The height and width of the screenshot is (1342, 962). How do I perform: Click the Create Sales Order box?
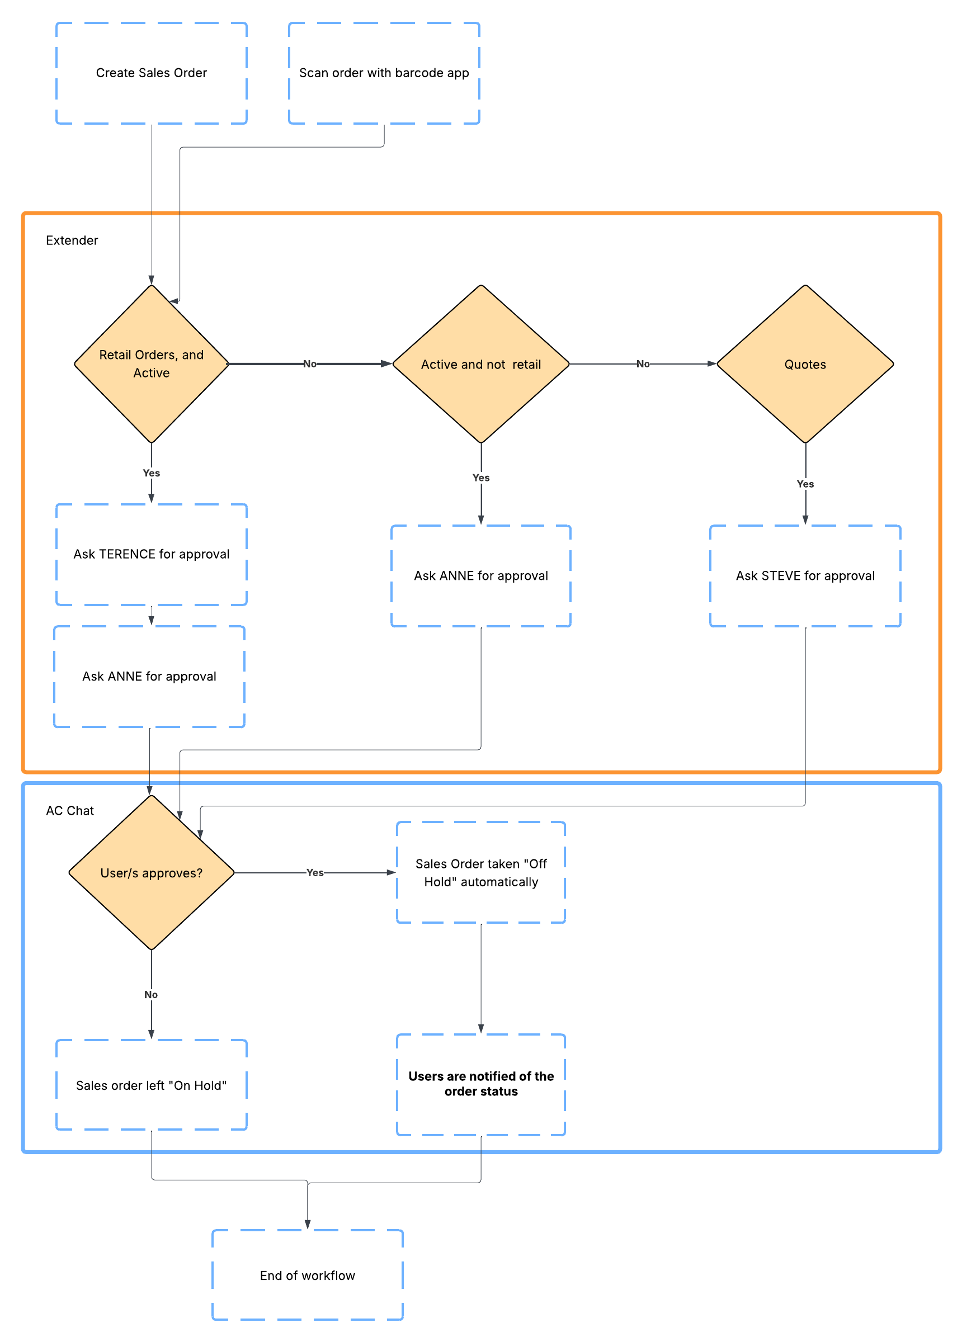151,73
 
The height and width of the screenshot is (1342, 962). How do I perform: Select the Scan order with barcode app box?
384,73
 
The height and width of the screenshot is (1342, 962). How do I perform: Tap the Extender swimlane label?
72,240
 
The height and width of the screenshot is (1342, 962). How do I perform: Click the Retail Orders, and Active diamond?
151,363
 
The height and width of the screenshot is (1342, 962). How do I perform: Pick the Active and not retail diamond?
480,364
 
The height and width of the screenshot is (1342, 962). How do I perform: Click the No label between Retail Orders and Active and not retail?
309,364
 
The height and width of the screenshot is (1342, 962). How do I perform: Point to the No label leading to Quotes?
642,364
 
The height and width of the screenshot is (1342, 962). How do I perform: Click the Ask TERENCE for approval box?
151,554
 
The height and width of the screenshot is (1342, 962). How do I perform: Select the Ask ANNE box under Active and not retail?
480,575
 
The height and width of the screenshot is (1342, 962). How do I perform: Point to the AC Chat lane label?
70,810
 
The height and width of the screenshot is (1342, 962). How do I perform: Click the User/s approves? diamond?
151,872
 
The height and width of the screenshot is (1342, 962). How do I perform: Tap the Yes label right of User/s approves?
314,872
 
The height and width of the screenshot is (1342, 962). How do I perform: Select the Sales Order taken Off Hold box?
480,872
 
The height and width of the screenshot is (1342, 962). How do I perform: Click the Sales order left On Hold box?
151,1085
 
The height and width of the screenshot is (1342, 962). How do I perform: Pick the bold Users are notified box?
480,1084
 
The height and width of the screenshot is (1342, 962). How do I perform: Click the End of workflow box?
307,1274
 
